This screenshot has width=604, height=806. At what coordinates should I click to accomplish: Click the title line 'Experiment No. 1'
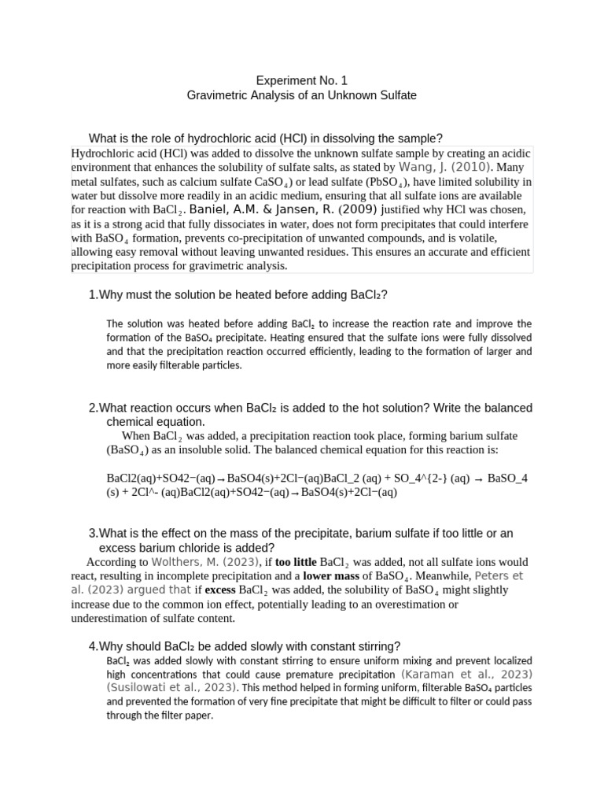point(302,80)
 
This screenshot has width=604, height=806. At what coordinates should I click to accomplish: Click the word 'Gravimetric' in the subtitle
point(218,95)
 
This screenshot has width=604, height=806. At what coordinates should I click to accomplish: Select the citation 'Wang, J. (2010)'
point(445,168)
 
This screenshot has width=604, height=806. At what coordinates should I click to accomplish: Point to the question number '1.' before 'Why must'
point(94,294)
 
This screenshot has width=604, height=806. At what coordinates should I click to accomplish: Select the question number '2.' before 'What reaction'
point(94,408)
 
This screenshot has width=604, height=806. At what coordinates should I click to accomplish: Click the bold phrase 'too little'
point(296,562)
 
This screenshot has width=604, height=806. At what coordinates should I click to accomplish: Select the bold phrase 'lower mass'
point(331,576)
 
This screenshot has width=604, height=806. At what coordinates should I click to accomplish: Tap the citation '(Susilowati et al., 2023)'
point(171,688)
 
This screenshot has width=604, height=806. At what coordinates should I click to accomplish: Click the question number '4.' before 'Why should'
point(94,646)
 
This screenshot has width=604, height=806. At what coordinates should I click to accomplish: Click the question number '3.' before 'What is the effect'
point(94,534)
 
